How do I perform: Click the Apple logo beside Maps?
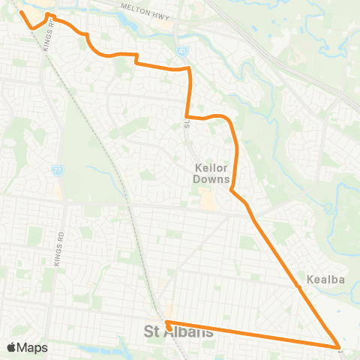coord(12,347)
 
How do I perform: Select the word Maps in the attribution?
coord(33,347)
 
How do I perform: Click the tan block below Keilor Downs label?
coord(205,198)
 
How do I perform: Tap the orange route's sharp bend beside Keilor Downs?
coord(231,190)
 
